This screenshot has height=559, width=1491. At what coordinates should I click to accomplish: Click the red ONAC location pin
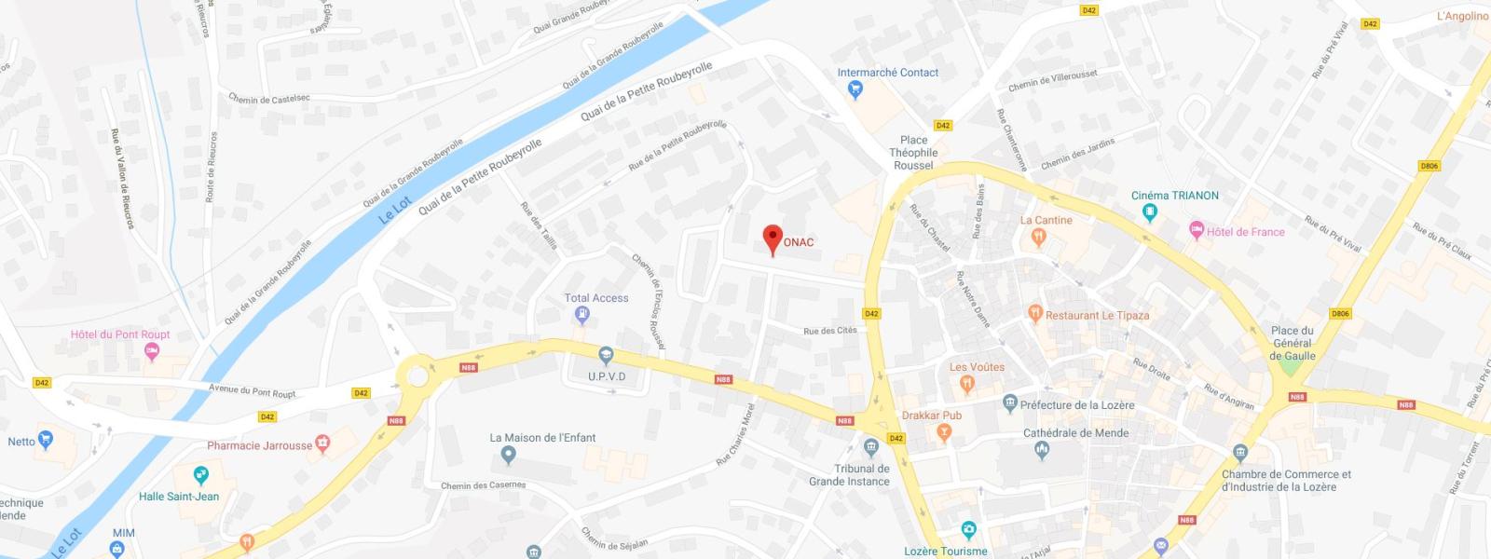[x=772, y=239]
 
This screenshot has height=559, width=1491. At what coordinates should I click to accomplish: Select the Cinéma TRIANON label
[x=1174, y=196]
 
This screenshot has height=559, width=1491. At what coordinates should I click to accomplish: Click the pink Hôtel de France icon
[x=1197, y=230]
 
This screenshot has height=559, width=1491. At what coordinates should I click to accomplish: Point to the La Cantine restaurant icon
[x=1040, y=239]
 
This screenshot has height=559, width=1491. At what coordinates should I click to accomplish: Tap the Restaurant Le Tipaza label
[x=1097, y=316]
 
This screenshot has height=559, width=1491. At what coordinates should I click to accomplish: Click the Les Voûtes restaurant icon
[x=967, y=383]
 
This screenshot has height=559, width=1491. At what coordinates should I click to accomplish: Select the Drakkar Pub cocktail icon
[x=944, y=432]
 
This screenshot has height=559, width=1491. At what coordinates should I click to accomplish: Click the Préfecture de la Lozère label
[x=1077, y=405]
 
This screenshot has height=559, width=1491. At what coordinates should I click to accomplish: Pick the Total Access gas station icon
[x=582, y=315]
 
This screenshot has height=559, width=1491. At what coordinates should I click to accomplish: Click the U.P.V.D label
[x=607, y=376]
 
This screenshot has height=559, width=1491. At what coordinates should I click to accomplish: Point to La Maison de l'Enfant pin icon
[x=508, y=455]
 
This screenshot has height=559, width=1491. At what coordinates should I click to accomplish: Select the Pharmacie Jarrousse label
[x=260, y=445]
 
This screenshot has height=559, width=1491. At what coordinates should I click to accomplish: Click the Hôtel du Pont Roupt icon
[x=152, y=351]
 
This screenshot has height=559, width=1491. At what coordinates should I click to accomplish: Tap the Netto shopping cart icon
[x=46, y=441]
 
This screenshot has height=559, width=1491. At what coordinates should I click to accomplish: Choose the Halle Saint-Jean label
[x=179, y=497]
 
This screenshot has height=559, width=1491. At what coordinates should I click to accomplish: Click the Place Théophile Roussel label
[x=913, y=153]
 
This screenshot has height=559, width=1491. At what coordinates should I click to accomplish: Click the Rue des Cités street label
[x=829, y=331]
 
